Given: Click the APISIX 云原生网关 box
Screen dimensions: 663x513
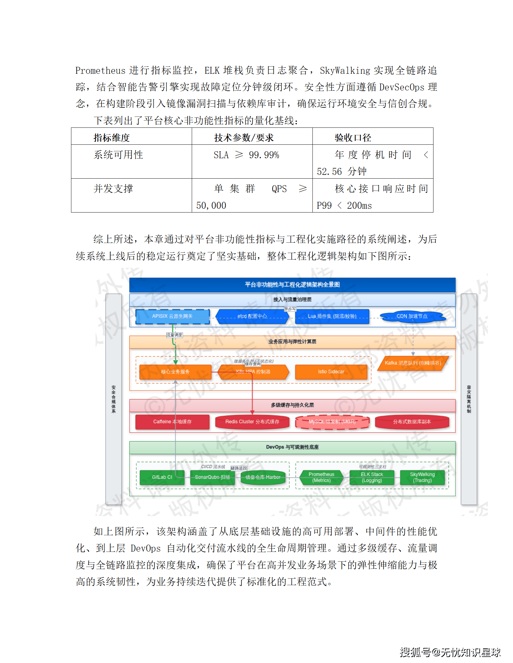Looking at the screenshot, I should tap(172, 316).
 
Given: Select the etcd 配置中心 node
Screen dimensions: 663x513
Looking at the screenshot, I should tap(252, 316).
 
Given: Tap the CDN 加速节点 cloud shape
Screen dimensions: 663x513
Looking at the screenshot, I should tap(412, 316).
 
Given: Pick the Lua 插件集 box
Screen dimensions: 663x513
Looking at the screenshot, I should tap(332, 316).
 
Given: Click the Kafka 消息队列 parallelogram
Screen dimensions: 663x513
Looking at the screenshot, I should tap(412, 363).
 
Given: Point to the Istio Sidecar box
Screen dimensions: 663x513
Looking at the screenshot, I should tap(331, 372).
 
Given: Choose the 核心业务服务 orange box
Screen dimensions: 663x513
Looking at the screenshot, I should tap(175, 372).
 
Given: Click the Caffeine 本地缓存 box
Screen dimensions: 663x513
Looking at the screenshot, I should tap(172, 422).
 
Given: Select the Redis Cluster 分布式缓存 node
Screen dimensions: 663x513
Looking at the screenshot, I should tap(252, 422).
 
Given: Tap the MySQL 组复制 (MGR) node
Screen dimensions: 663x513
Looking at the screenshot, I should tap(332, 422).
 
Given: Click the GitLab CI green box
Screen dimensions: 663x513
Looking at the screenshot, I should tap(162, 477).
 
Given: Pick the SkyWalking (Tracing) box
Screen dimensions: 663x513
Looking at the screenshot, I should tap(422, 477).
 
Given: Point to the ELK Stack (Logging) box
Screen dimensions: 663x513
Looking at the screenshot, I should tap(372, 477).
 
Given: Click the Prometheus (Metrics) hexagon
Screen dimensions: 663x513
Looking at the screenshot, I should tap(321, 477).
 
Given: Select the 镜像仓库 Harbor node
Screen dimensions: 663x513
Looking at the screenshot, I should tap(263, 477).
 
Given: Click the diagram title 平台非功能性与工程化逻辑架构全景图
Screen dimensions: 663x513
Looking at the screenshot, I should tap(292, 285).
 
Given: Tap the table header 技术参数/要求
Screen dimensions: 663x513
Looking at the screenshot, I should tap(244, 137).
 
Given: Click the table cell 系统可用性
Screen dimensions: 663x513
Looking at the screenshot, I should tap(118, 155).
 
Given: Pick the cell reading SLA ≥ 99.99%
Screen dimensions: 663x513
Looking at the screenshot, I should tap(246, 155).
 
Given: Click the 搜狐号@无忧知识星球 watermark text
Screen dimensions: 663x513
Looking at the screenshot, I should tap(450, 652).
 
